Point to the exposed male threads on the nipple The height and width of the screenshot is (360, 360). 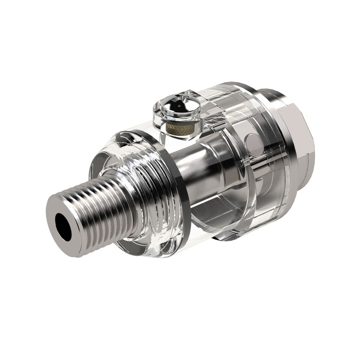98,206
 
